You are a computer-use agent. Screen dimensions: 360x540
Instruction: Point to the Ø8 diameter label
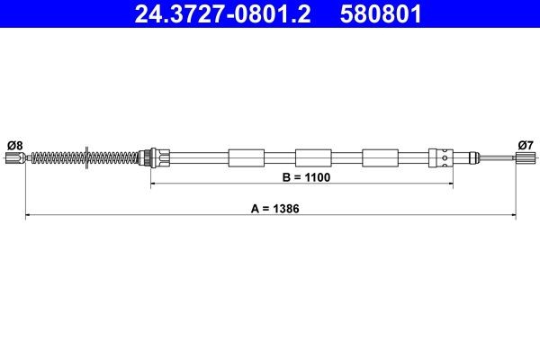coord(14,144)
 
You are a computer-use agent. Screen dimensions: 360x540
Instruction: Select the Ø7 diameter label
coord(526,144)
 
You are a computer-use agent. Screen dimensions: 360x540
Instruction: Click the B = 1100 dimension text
coord(307,177)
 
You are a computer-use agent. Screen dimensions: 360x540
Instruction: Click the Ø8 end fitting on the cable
coord(13,158)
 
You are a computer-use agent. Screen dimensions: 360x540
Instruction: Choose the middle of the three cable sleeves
coord(312,157)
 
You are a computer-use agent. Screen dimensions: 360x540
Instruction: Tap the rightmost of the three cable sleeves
coord(379,157)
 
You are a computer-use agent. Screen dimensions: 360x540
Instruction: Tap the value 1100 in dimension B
coord(317,177)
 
